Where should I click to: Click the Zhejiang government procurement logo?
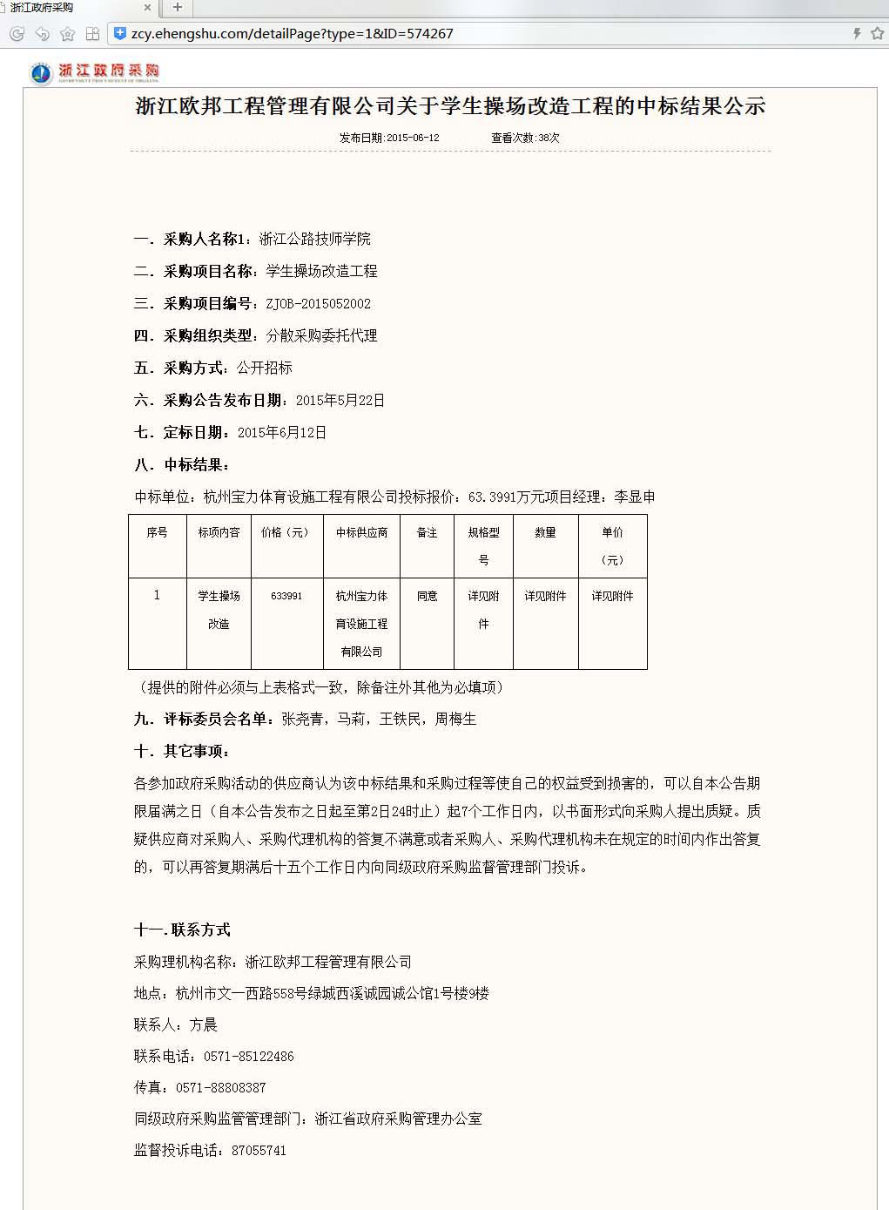94,73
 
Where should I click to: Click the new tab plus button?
178,8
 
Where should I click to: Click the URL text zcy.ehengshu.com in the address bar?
188,34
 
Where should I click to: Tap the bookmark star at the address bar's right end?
877,33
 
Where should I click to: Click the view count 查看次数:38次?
525,138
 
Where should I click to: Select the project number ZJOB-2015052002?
319,303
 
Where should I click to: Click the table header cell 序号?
157,532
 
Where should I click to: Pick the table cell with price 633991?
286,596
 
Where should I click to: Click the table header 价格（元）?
286,532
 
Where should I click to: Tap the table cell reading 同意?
427,596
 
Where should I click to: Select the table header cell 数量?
545,532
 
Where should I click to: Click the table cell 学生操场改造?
219,610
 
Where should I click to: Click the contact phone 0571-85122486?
249,1056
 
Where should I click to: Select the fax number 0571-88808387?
221,1087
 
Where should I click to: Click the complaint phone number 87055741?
259,1150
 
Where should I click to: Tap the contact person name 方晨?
204,1024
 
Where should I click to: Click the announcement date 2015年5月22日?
340,400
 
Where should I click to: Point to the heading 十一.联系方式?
182,929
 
